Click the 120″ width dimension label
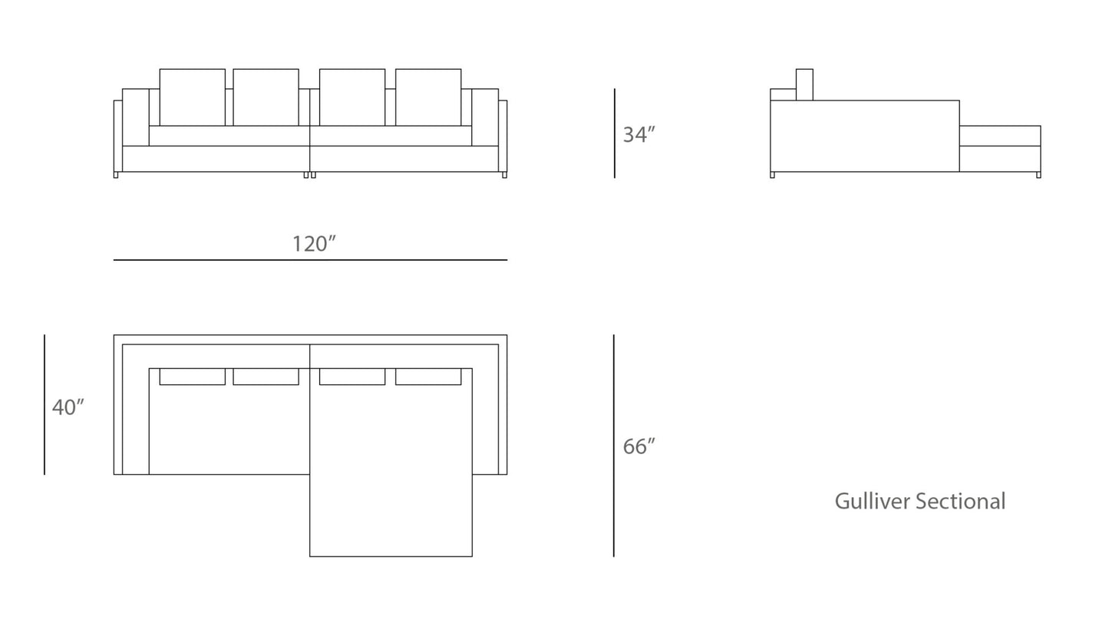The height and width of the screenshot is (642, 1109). [314, 244]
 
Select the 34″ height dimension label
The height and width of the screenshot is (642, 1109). [639, 135]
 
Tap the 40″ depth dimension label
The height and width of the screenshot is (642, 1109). [68, 407]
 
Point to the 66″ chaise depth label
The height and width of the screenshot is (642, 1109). [639, 446]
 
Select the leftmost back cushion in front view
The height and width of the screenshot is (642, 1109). [192, 97]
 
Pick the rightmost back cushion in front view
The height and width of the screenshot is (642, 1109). [428, 97]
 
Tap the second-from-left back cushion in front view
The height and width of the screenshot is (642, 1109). [266, 97]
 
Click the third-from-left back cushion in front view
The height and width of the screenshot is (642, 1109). [352, 97]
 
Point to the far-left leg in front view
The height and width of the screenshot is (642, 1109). [116, 175]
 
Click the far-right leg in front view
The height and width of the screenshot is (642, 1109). [504, 175]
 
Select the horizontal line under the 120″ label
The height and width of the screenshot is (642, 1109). [310, 260]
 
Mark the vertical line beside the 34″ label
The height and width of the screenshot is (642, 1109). [615, 133]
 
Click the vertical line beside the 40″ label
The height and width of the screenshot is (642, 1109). [45, 404]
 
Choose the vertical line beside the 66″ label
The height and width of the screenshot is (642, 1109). [614, 446]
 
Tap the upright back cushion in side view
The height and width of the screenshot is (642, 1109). [804, 84]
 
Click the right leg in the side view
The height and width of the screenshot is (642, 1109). [1038, 175]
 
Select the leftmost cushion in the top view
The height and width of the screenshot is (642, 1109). [192, 377]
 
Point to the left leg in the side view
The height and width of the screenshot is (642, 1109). [772, 175]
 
